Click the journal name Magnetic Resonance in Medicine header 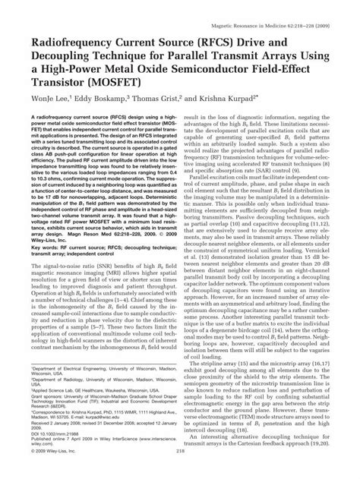click(274, 8)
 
